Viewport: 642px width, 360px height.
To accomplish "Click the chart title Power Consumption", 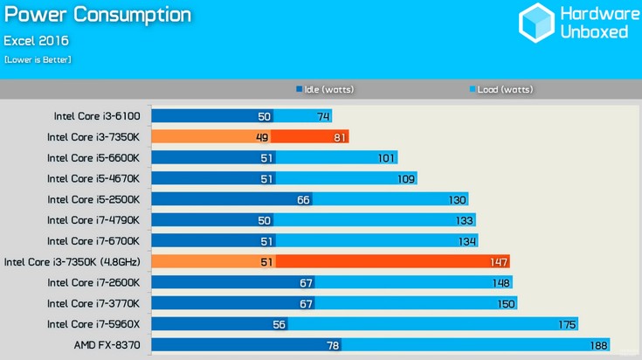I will coord(97,15).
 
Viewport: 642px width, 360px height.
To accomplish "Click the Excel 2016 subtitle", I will coord(36,40).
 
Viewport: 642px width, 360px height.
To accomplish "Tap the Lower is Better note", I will coord(38,59).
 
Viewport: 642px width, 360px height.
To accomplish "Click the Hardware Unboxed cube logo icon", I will coord(536,23).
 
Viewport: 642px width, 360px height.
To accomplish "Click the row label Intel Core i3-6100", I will coord(101,115).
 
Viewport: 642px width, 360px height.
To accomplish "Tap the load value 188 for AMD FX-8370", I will coord(597,345).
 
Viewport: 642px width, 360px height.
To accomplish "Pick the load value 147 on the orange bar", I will coord(498,261).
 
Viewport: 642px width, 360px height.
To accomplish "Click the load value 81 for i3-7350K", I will coord(340,136).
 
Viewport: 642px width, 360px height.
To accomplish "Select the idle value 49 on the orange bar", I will coord(262,136).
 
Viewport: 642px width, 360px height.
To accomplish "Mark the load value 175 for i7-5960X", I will coord(567,324).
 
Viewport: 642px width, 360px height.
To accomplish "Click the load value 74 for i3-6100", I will coord(323,115).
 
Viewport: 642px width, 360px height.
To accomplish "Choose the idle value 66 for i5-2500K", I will coord(303,199).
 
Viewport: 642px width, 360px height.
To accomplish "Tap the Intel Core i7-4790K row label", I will coord(99,219).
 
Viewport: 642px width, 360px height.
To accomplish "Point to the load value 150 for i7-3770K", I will coord(506,303).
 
